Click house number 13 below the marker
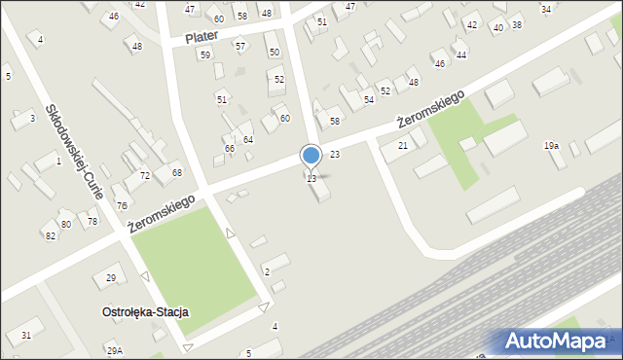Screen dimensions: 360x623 (311, 179)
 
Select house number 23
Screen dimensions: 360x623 (334, 155)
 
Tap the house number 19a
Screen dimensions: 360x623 (551, 146)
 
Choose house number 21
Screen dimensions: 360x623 (402, 146)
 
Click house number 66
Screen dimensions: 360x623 (230, 149)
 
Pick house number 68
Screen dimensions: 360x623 (177, 172)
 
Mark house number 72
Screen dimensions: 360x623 (145, 176)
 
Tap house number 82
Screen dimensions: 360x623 (49, 236)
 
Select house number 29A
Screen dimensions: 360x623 (115, 350)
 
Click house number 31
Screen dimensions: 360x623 (26, 336)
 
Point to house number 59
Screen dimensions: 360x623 (204, 55)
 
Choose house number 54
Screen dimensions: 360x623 (369, 100)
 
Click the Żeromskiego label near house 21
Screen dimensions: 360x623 (430, 109)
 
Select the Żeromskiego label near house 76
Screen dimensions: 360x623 (162, 213)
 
